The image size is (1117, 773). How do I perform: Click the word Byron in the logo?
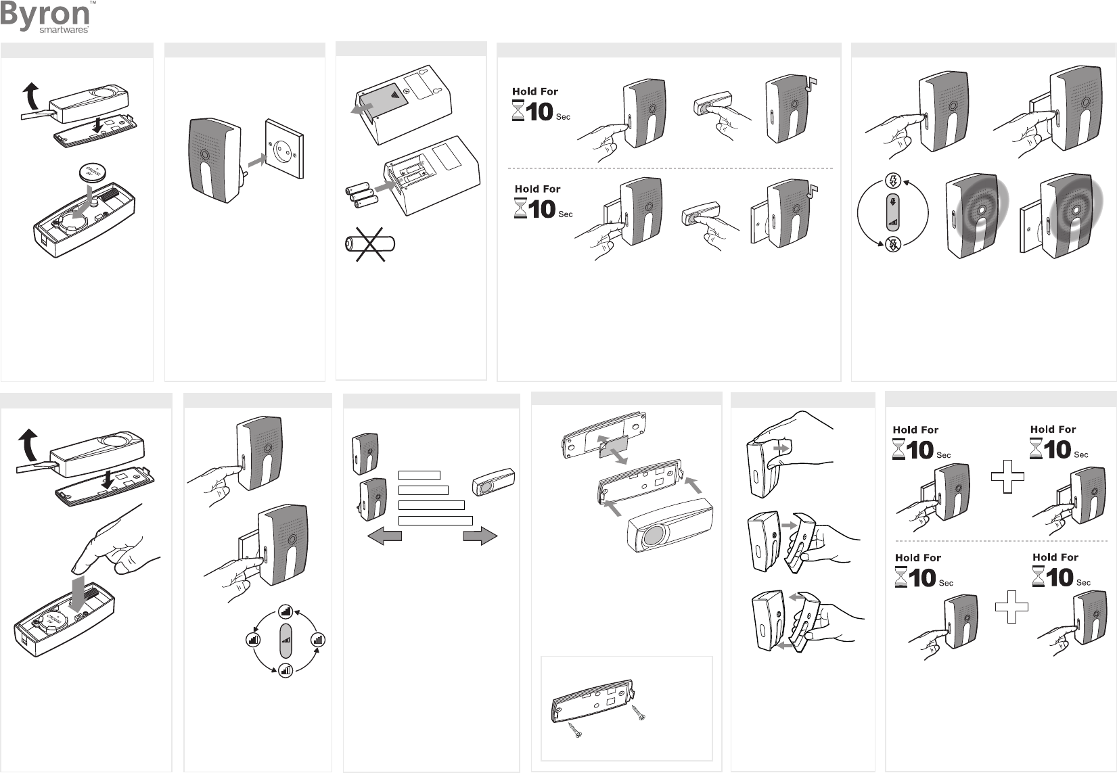45,15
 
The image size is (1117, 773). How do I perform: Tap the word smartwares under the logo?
64,30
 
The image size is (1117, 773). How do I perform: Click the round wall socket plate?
284,149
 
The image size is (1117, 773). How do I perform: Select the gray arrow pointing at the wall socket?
257,160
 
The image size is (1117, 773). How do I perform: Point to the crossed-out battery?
370,243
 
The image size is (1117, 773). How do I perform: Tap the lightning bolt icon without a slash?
893,180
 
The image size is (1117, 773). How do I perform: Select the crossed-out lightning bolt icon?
893,244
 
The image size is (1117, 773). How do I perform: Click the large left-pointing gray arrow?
384,536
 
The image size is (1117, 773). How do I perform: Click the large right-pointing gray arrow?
480,536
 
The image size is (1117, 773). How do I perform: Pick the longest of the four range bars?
435,521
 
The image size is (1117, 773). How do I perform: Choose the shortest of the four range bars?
419,475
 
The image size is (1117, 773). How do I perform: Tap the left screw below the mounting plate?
575,730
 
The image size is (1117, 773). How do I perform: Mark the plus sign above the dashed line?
1007,477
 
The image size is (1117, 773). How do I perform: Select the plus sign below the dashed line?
1011,607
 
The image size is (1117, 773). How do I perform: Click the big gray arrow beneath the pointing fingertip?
77,593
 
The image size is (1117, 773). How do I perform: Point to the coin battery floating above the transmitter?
93,173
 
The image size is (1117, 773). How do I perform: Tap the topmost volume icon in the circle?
286,611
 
